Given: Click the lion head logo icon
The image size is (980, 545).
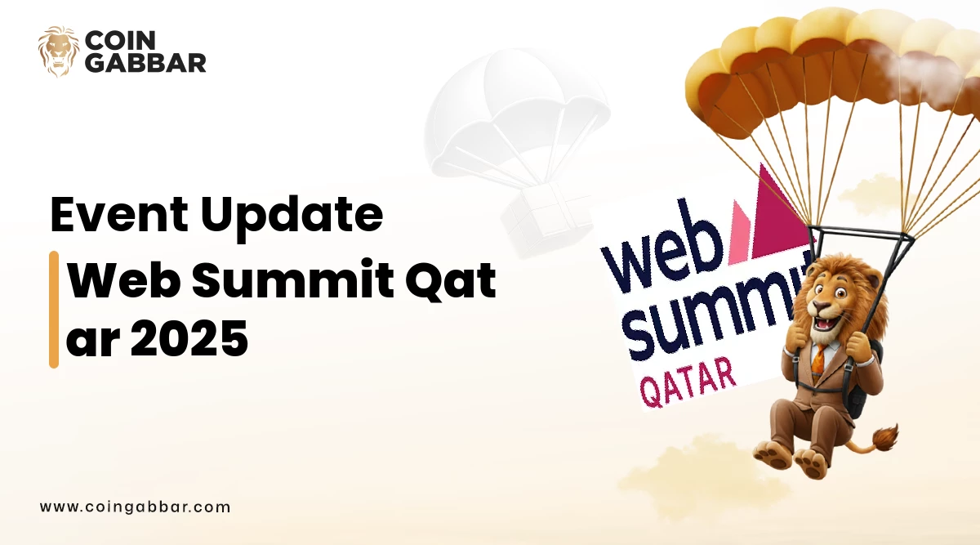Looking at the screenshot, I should [x=58, y=51].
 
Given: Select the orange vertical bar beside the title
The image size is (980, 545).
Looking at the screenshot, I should [x=54, y=309].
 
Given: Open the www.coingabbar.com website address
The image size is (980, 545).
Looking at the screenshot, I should [x=135, y=507].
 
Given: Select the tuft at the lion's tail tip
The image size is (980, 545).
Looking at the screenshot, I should [x=884, y=437].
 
